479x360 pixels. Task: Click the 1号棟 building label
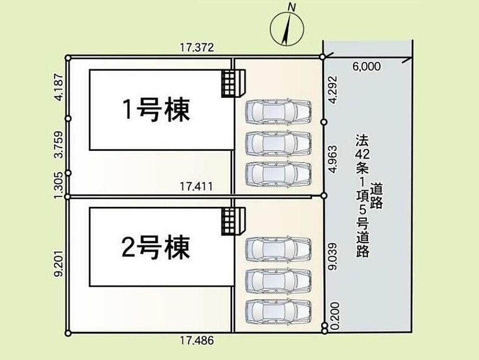[156, 110]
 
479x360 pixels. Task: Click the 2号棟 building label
[156, 247]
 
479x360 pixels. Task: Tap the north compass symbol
[287, 27]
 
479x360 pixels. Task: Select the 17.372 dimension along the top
[197, 47]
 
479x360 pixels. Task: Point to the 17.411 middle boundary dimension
[196, 186]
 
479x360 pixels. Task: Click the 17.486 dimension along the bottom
[197, 340]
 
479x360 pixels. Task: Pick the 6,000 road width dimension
[366, 66]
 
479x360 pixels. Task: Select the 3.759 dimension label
[58, 145]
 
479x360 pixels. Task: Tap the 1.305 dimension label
[58, 185]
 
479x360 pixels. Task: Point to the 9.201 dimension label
[58, 264]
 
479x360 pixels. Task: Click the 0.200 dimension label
[335, 316]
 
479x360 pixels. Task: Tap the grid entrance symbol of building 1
[233, 83]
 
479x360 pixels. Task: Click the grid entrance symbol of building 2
[233, 221]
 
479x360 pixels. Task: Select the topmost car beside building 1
[278, 112]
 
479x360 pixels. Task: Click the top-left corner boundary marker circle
[68, 58]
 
